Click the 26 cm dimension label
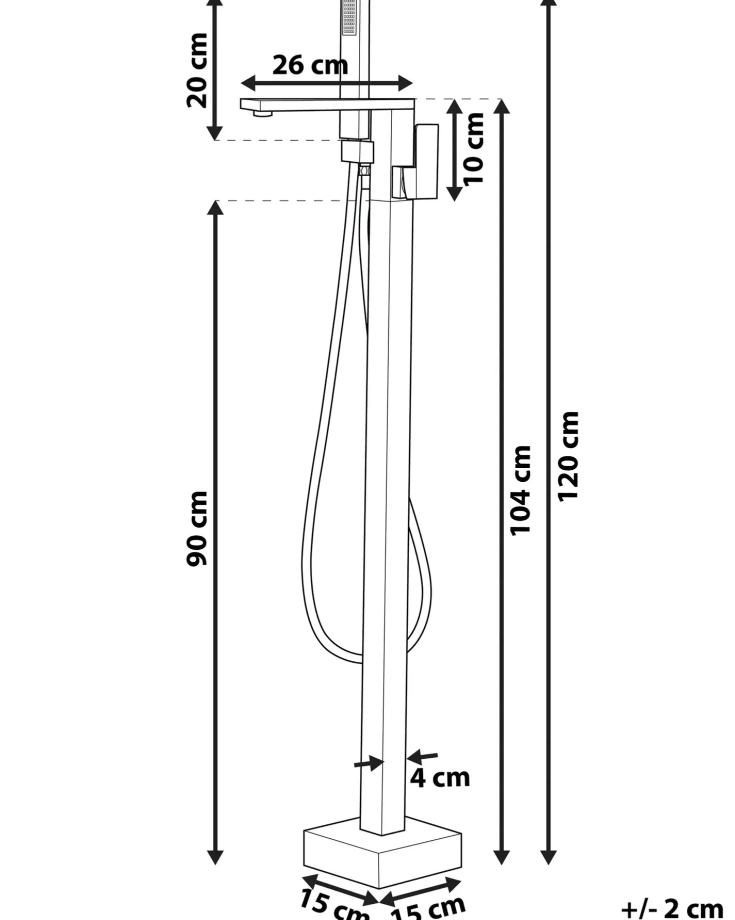(x=310, y=66)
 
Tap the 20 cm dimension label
(x=197, y=71)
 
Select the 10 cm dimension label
(x=473, y=149)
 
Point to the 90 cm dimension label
(x=197, y=529)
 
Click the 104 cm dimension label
(x=520, y=490)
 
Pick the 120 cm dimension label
(x=568, y=455)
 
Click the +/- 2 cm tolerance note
(x=672, y=908)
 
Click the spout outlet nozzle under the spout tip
(x=262, y=114)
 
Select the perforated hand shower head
(x=349, y=18)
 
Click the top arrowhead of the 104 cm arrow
(x=502, y=107)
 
